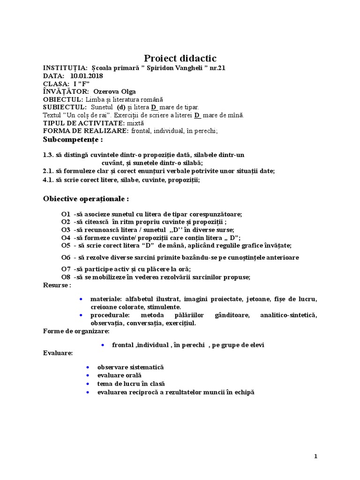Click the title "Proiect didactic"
coord(180,58)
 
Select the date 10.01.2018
coord(87,76)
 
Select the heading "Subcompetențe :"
coord(73,140)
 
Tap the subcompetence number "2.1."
coord(49,170)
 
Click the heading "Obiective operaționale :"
coord(86,199)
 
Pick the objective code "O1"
coord(66,214)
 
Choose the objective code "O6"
coord(66,257)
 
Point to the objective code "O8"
coord(66,277)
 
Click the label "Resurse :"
coord(57,285)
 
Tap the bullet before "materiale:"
coord(82,299)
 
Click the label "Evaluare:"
coord(58,352)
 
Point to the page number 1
coord(316,456)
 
